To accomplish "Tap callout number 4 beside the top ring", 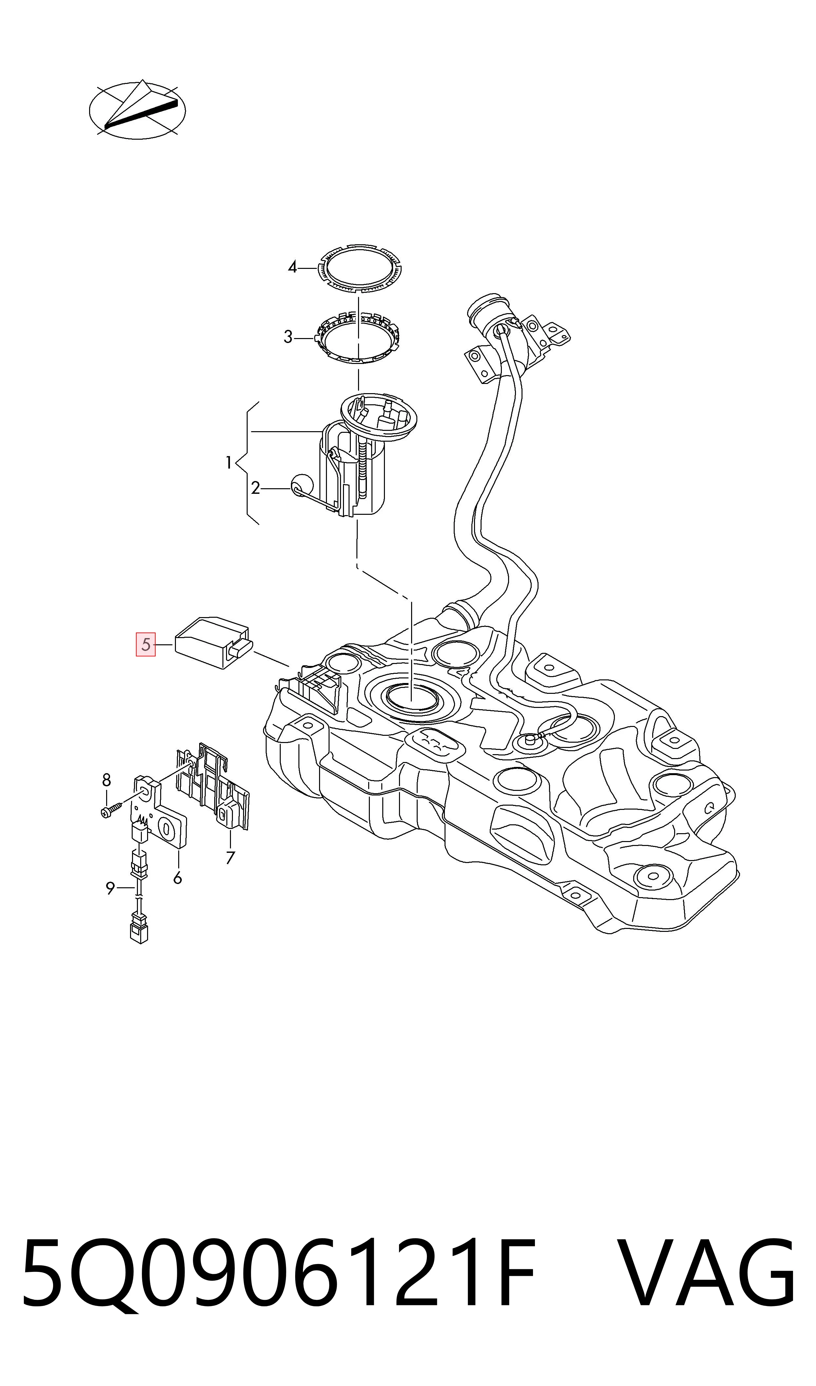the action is (293, 268).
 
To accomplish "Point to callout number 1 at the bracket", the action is (229, 463).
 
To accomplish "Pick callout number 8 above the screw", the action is (107, 780).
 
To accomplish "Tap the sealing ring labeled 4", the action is (360, 268).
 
